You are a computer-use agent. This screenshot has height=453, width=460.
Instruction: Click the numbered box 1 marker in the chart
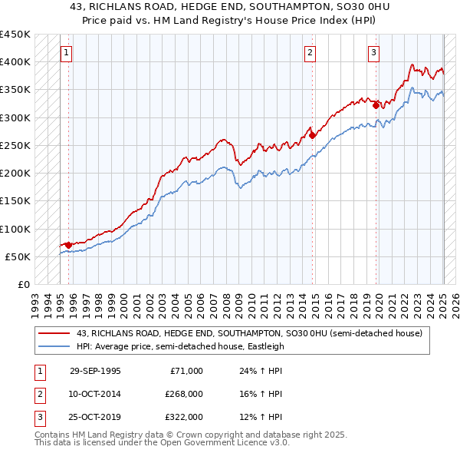[x=66, y=53]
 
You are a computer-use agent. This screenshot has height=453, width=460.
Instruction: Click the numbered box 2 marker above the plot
[x=310, y=53]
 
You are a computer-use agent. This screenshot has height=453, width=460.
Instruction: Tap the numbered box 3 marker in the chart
[x=373, y=53]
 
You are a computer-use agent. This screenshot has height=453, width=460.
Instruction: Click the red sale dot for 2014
[x=313, y=135]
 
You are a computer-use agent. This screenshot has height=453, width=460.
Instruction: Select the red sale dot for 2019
[x=376, y=105]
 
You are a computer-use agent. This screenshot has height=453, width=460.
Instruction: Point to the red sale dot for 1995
[x=68, y=245]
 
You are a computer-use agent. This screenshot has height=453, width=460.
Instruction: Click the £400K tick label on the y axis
[x=15, y=62]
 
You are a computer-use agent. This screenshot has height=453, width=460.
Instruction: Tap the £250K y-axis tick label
[x=15, y=145]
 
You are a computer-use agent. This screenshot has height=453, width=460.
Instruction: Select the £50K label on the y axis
[x=18, y=256]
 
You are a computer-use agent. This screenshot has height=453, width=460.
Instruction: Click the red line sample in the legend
[x=55, y=334]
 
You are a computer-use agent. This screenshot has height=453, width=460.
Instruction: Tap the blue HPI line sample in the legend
[x=55, y=346]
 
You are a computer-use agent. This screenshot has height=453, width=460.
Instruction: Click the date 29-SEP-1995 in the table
[x=95, y=371]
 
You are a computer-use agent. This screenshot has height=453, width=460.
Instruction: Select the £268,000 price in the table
[x=184, y=394]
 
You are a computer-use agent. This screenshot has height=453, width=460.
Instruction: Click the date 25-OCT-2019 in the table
[x=95, y=417]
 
